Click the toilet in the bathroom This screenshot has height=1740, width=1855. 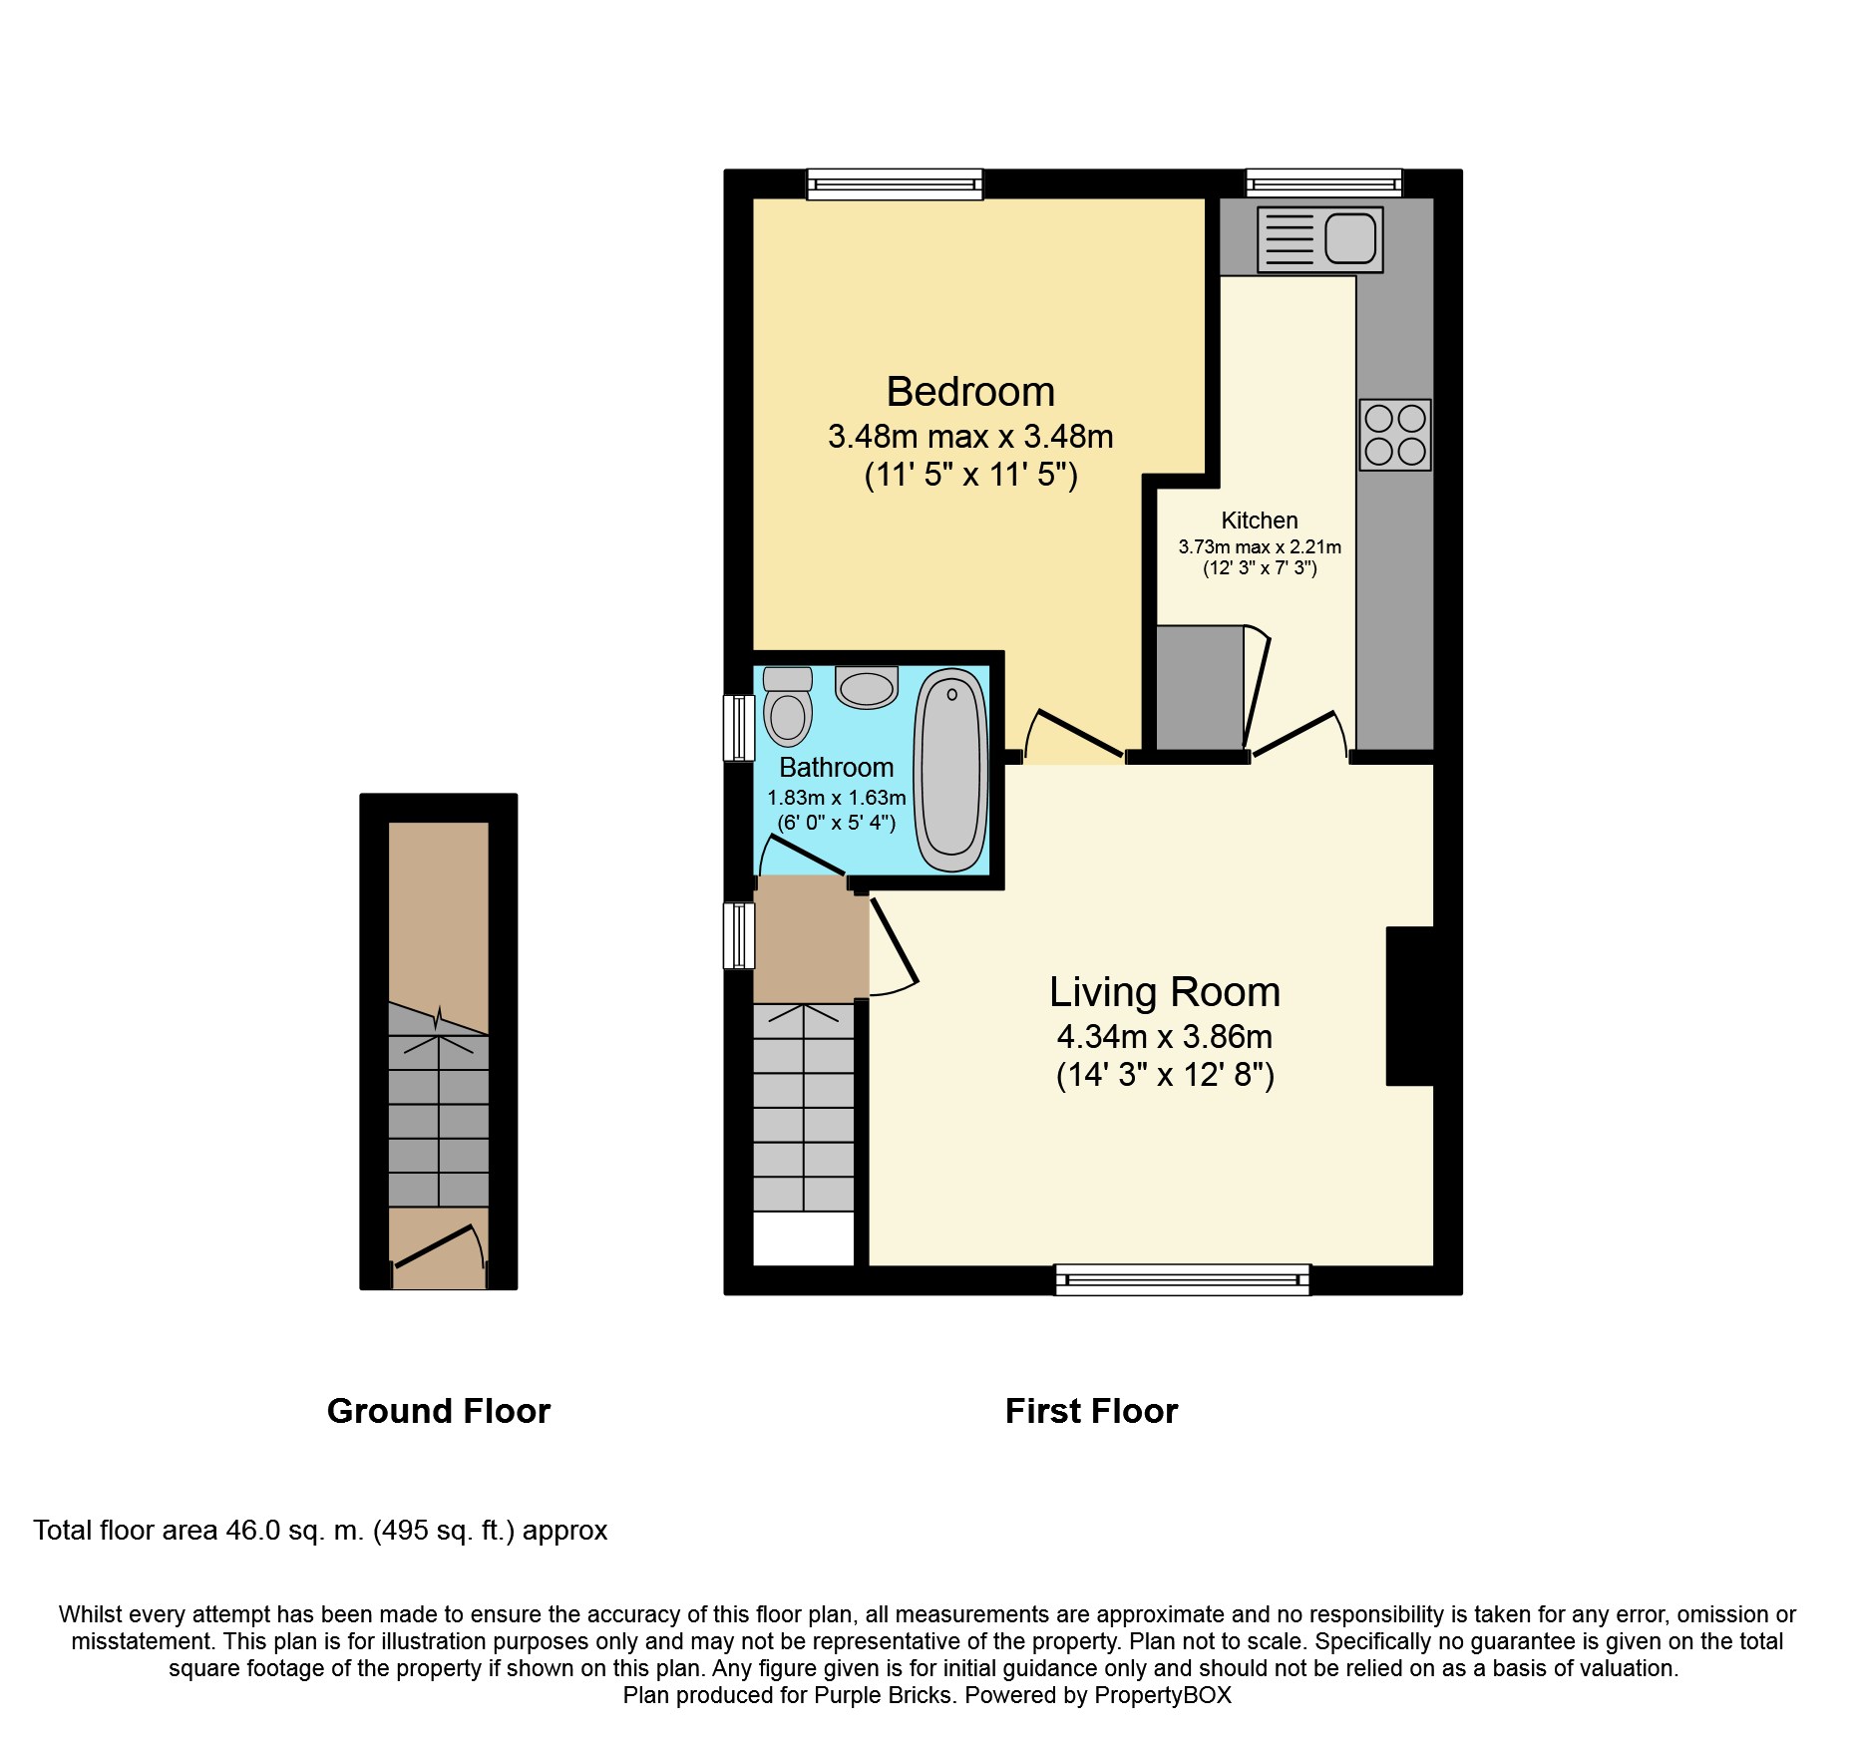point(788,707)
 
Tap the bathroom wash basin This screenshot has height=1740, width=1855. point(867,688)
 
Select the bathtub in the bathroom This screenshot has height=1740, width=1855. point(951,770)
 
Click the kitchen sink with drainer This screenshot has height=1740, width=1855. point(1319,239)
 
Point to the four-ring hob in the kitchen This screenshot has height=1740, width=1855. point(1395,435)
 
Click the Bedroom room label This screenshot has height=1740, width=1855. point(969,392)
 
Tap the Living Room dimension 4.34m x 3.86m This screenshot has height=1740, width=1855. point(1164,1037)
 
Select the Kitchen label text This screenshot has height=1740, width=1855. point(1260,521)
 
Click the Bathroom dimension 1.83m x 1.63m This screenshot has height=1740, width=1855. point(836,798)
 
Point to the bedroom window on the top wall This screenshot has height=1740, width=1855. point(895,184)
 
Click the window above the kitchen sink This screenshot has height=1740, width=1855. point(1323,183)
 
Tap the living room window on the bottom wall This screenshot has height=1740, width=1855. point(1182,1279)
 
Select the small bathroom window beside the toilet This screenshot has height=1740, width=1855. point(739,728)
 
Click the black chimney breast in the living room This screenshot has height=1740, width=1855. point(1409,1005)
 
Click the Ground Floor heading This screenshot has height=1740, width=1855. point(438,1411)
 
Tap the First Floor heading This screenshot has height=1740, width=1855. point(1091,1411)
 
